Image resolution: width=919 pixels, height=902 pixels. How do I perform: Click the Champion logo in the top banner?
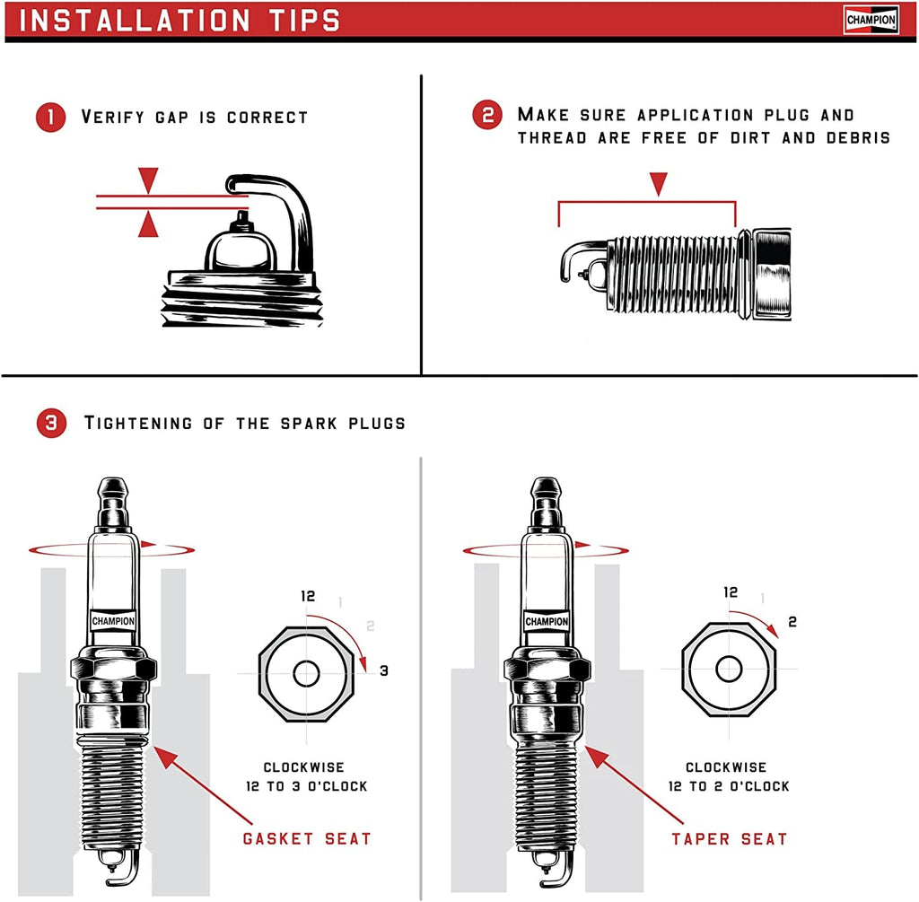click(871, 20)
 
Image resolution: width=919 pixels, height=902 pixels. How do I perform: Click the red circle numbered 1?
click(50, 118)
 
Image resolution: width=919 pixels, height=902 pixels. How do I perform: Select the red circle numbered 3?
click(50, 423)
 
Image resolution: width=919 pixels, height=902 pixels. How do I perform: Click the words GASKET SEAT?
click(306, 839)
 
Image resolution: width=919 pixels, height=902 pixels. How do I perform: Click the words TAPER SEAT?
click(729, 839)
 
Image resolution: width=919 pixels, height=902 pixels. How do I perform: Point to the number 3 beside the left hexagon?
click(383, 670)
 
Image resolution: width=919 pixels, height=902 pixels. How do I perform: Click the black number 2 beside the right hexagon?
click(792, 621)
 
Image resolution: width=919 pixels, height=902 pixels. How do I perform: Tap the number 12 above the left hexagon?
click(310, 596)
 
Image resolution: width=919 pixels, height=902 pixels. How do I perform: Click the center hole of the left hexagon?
click(306, 672)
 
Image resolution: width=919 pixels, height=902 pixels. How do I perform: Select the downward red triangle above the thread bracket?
click(660, 184)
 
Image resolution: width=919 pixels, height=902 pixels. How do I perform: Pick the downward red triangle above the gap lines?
click(148, 179)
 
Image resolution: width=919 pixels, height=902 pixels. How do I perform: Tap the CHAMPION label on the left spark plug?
click(114, 621)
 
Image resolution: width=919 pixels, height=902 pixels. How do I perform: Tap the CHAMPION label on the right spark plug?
click(546, 621)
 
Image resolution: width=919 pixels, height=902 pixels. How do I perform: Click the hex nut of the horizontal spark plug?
click(772, 273)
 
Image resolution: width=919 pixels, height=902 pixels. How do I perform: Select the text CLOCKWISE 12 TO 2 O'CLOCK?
click(728, 776)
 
